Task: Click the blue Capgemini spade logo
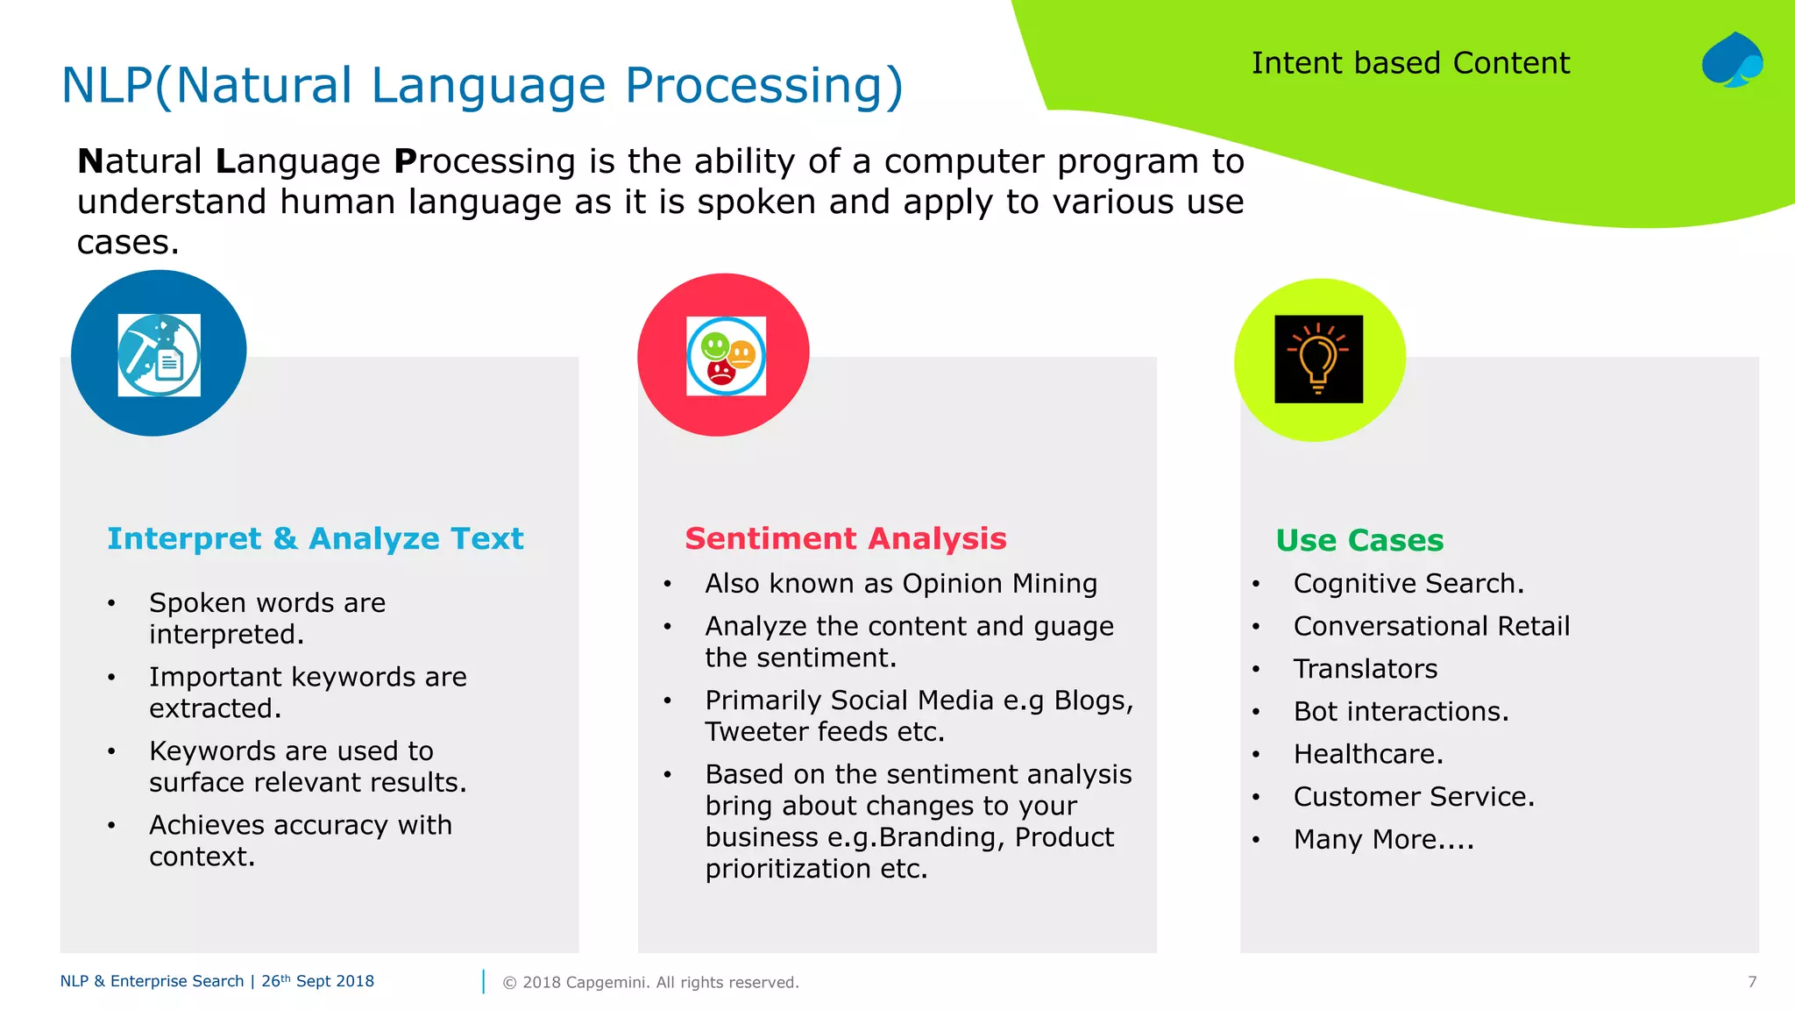point(1732,60)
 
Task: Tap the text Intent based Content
point(1409,64)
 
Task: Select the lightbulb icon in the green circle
point(1318,359)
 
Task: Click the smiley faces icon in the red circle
point(726,356)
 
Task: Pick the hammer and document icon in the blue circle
point(159,354)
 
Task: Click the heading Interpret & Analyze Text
point(315,538)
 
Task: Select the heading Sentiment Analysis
point(845,538)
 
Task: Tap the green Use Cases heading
point(1359,540)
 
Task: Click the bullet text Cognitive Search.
point(1408,584)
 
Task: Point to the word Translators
point(1365,669)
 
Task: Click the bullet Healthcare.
point(1367,754)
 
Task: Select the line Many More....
point(1383,840)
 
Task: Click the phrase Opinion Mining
point(999,584)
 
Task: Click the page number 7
point(1751,982)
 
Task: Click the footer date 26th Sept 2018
point(317,981)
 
